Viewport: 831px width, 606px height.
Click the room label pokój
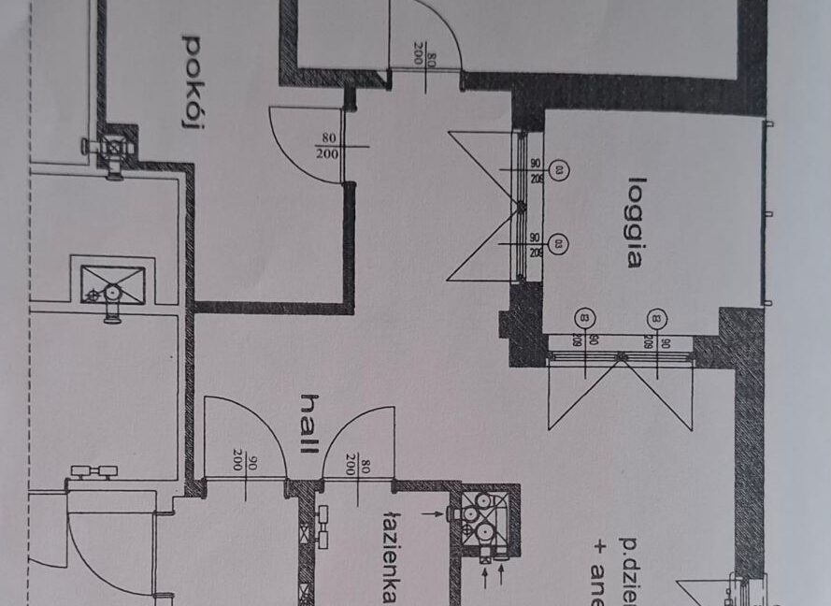[x=193, y=82]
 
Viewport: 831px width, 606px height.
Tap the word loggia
[x=636, y=222]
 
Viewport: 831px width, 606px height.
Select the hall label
[x=307, y=425]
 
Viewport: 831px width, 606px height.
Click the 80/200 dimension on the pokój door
[x=327, y=146]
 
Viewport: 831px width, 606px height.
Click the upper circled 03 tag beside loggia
[x=559, y=170]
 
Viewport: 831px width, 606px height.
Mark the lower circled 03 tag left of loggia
[x=559, y=245]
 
